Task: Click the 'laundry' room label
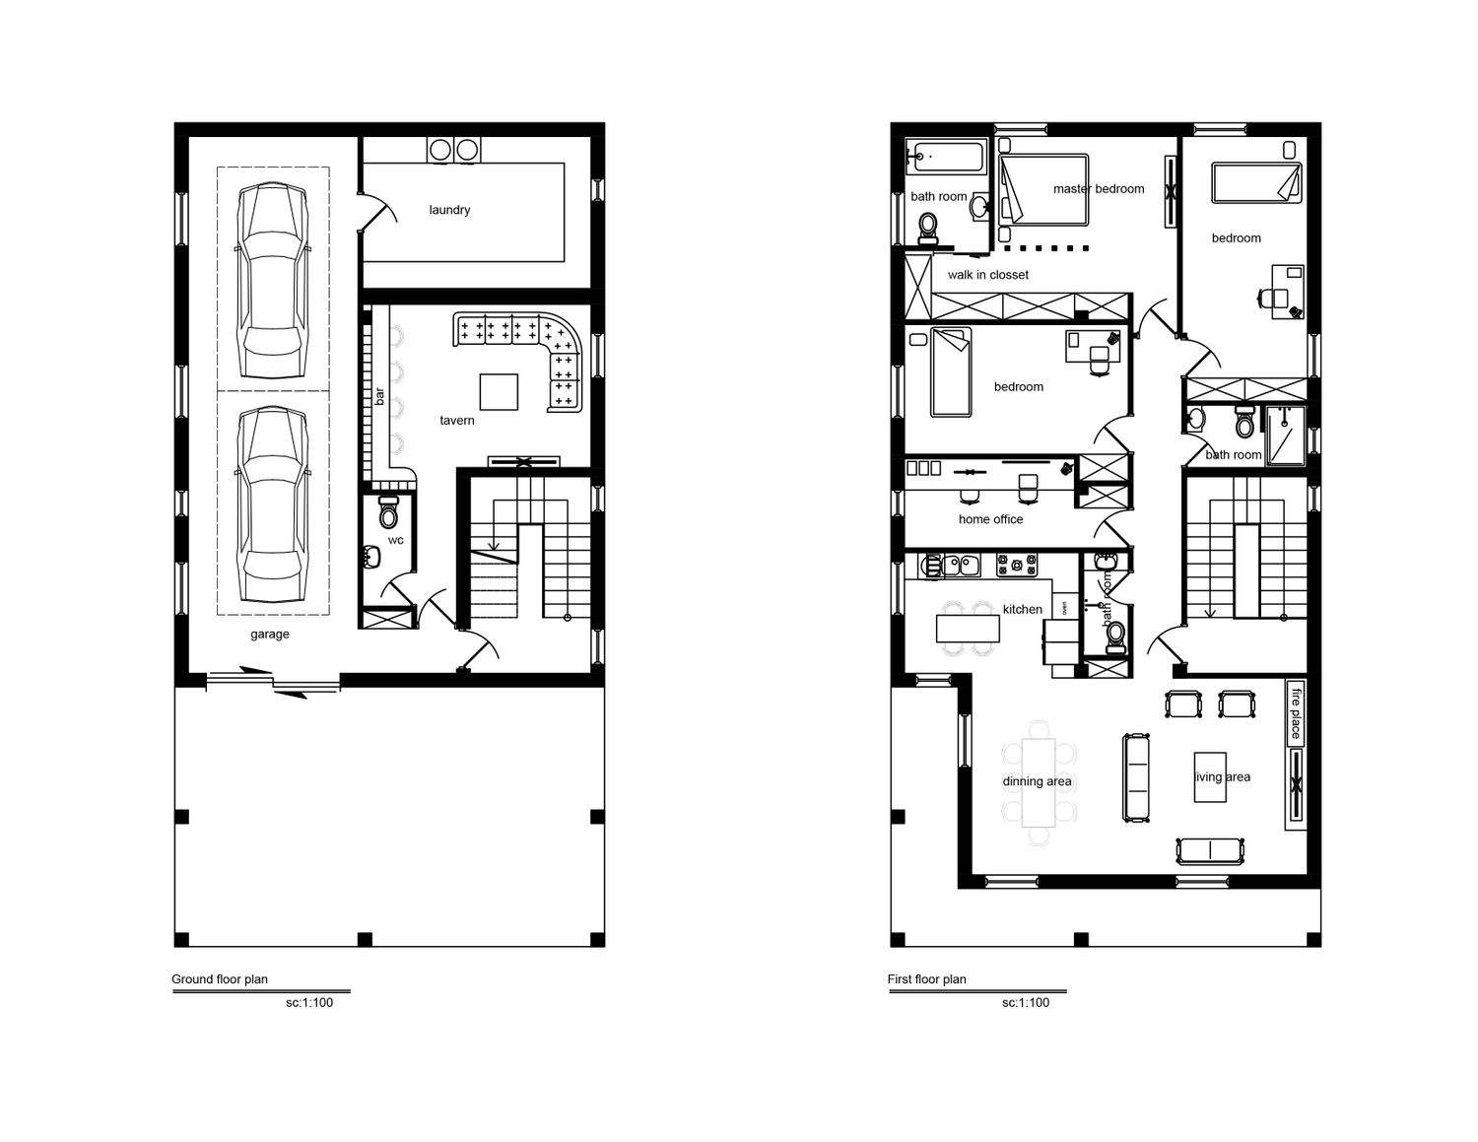(449, 210)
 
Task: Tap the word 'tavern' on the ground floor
(456, 421)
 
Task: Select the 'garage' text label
(269, 634)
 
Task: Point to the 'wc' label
(395, 540)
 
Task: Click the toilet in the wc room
(388, 512)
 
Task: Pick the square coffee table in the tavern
(499, 392)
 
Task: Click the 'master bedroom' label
(1099, 188)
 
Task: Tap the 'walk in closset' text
(987, 275)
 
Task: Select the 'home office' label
(990, 519)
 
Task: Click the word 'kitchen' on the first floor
(1023, 610)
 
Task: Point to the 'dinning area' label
(1037, 781)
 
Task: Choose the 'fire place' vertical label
(1296, 713)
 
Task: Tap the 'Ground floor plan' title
(219, 978)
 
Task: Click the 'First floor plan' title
(926, 978)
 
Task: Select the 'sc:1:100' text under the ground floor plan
(309, 1002)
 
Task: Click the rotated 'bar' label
(379, 396)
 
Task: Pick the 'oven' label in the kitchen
(1064, 607)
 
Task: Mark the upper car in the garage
(273, 280)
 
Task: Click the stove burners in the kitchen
(1017, 565)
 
